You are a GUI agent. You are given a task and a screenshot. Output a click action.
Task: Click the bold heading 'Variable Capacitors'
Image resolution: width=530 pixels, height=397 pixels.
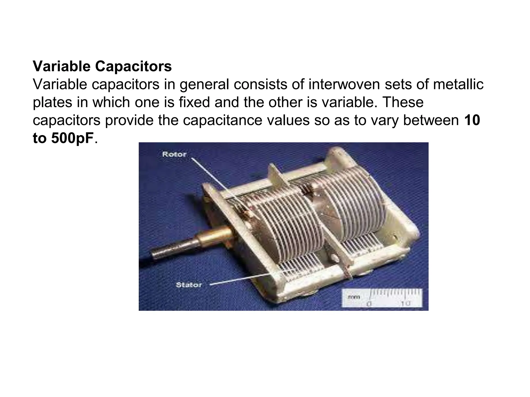(102, 66)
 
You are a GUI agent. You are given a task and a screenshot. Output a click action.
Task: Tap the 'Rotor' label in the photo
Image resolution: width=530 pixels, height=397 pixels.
(174, 154)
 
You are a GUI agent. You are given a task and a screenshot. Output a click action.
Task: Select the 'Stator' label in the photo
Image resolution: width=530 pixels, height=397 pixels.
(189, 285)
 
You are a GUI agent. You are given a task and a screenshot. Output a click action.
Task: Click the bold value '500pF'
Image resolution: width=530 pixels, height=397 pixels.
(72, 138)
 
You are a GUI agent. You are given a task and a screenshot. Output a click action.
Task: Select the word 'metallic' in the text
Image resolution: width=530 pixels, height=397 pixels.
(458, 84)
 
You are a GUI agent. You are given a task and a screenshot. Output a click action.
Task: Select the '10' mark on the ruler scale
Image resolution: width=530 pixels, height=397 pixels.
(406, 303)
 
